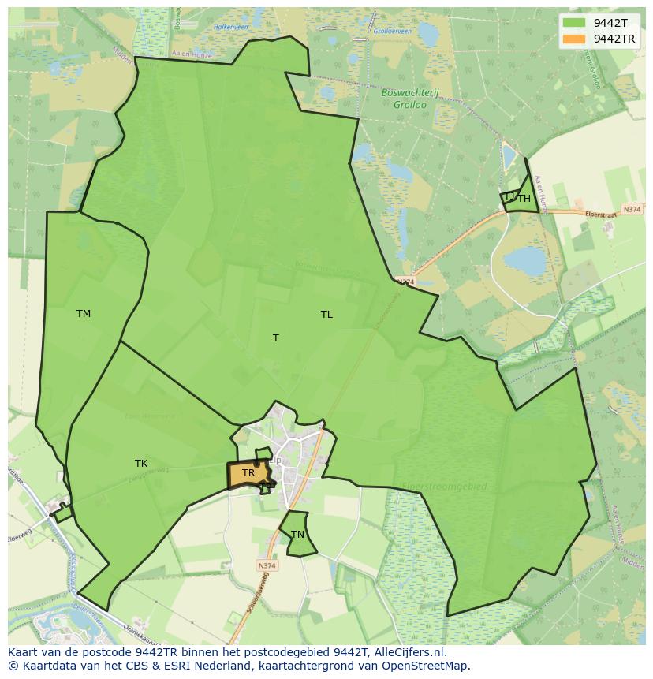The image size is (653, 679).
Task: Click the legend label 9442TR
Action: pyautogui.click(x=615, y=39)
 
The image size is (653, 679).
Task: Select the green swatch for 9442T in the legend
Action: pyautogui.click(x=574, y=23)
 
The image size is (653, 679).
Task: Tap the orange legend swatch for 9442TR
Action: pyautogui.click(x=574, y=39)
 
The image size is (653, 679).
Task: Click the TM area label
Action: pyautogui.click(x=84, y=314)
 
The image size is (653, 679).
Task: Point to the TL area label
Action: pyautogui.click(x=326, y=315)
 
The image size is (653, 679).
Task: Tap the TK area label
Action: pyautogui.click(x=141, y=464)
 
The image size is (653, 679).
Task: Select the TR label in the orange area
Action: pyautogui.click(x=248, y=473)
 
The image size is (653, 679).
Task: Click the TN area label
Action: pyautogui.click(x=297, y=535)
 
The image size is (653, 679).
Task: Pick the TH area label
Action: pyautogui.click(x=524, y=199)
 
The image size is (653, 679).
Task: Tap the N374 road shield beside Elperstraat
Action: pyautogui.click(x=631, y=209)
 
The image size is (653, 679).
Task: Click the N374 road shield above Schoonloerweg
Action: pyautogui.click(x=267, y=565)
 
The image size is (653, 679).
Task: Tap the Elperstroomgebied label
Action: pyautogui.click(x=445, y=487)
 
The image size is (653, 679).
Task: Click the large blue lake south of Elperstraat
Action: pyautogui.click(x=525, y=261)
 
